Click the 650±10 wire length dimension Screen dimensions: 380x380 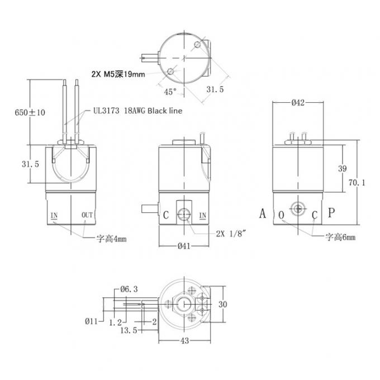(x=30, y=112)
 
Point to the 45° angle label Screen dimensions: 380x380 (x=170, y=91)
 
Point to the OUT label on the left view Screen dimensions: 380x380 (x=87, y=215)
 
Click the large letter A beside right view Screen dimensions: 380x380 (x=263, y=213)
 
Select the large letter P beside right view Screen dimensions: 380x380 (x=331, y=213)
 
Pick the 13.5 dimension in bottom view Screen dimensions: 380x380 (x=128, y=330)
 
